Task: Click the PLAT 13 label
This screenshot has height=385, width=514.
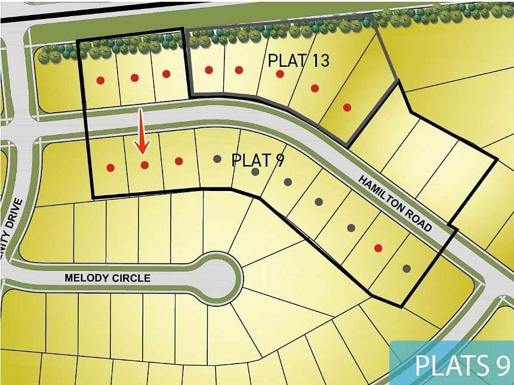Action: (x=298, y=61)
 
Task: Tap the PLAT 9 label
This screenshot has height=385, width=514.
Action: (x=257, y=160)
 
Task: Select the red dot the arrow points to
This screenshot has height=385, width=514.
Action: (x=144, y=165)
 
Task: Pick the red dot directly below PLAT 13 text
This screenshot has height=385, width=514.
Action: (x=279, y=73)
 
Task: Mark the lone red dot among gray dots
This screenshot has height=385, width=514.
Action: (x=378, y=248)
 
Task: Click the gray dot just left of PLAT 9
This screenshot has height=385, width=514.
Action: (x=217, y=159)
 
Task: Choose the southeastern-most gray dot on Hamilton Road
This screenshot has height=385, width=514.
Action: (x=407, y=269)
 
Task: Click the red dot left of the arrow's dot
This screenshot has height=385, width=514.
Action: (x=110, y=168)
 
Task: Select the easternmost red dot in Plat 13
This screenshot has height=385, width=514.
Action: (x=347, y=107)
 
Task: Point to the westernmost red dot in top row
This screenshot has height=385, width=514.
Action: (x=100, y=80)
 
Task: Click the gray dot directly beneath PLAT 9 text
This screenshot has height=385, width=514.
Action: (x=256, y=172)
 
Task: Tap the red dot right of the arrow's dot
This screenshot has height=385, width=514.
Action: (x=178, y=161)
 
